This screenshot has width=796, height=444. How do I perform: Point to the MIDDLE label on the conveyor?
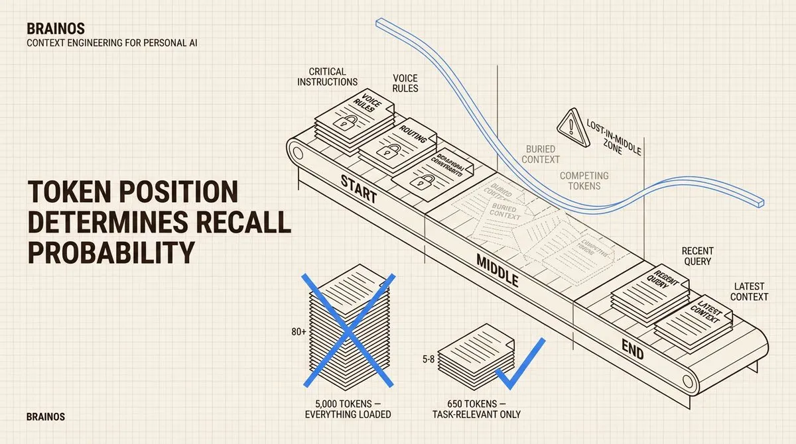[x=497, y=270]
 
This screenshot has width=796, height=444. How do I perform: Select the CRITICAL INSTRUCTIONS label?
[x=327, y=76]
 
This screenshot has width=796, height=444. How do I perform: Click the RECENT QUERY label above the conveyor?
[x=697, y=256]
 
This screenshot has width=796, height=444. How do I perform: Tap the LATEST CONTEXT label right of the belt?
[x=749, y=291]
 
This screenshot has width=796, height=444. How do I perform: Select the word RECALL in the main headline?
[x=249, y=223]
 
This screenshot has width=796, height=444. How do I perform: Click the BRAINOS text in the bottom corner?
[x=46, y=417]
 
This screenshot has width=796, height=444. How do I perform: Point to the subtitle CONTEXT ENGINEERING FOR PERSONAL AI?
[x=112, y=43]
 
